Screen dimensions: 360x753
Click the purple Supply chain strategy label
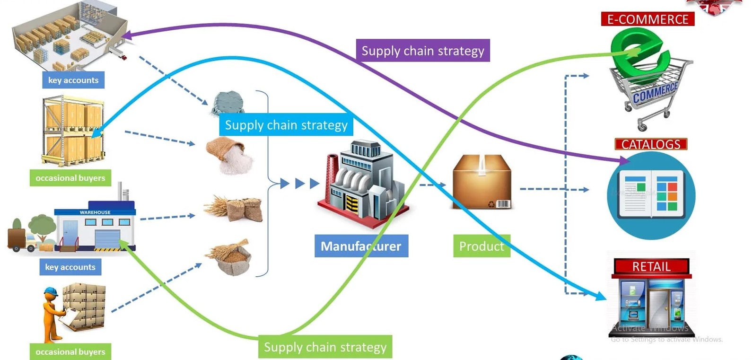coord(422,51)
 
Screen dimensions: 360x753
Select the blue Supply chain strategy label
coord(286,125)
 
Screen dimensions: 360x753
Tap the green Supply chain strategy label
coord(325,347)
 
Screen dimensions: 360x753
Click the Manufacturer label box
coord(361,246)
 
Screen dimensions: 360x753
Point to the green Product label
coord(481,246)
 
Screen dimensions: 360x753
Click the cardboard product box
coord(482,183)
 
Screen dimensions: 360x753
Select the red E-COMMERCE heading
coord(647,19)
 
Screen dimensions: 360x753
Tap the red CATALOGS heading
coord(650,144)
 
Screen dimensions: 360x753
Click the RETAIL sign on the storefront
coord(651,267)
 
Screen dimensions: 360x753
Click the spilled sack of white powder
coord(230,156)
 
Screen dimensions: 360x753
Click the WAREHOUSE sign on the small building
coord(95,212)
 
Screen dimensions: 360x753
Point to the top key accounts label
coord(73,80)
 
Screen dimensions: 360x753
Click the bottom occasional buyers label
coord(70,351)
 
